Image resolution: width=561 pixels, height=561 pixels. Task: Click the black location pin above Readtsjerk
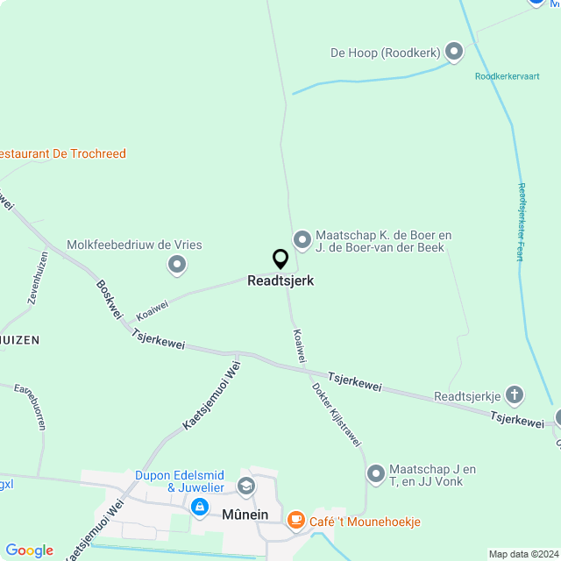pos(280,259)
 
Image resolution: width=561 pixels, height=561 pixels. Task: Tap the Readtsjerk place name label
pos(280,281)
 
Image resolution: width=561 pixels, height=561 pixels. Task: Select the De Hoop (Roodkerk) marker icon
pos(454,53)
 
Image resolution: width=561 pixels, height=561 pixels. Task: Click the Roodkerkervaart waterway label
pos(507,76)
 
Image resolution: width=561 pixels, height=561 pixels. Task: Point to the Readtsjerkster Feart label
pos(521,222)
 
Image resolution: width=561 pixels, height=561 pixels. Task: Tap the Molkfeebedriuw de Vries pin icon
pos(177,263)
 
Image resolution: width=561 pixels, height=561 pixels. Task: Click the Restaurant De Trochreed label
pos(61,153)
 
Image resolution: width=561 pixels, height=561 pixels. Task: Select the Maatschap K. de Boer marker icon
pos(302,238)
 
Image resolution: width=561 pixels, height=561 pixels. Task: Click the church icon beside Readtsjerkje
pos(515,395)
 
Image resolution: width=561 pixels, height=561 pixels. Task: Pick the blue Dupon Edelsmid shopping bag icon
pos(200,507)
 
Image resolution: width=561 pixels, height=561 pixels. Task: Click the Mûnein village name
pos(245,514)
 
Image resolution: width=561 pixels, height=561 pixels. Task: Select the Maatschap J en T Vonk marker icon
pos(376,474)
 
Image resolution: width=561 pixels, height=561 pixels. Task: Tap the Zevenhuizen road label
pos(38,278)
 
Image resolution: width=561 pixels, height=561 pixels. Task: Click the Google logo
pos(29,550)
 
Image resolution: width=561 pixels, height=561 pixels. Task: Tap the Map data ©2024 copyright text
pos(523,554)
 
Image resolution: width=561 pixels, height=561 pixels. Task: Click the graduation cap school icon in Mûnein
pos(246,485)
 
